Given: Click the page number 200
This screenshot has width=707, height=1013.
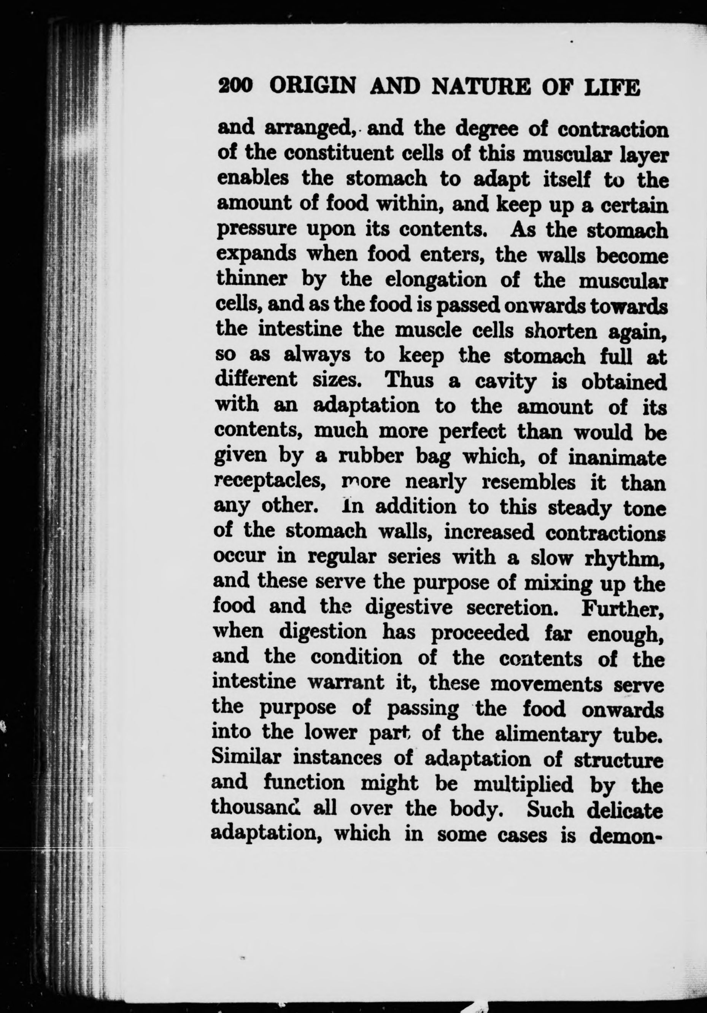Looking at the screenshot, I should point(235,86).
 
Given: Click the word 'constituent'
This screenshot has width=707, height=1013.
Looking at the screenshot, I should point(340,154).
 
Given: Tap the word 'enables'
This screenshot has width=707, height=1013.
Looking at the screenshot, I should point(254,179).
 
